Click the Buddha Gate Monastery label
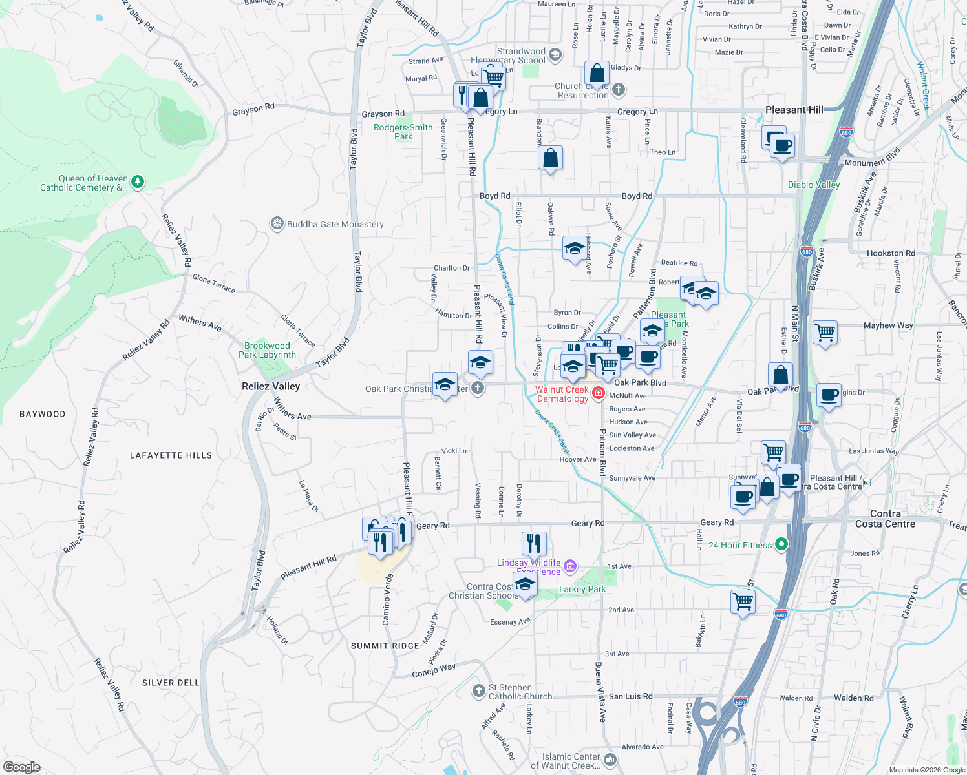click(x=335, y=224)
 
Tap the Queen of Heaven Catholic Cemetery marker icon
click(x=138, y=183)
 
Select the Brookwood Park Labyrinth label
click(x=267, y=350)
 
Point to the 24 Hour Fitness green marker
click(x=781, y=544)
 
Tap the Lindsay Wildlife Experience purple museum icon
click(x=569, y=566)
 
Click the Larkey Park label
click(x=582, y=589)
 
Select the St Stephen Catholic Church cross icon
click(x=478, y=692)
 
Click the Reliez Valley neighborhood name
click(x=271, y=386)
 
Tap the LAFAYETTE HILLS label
click(x=171, y=455)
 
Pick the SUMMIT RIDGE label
click(x=385, y=646)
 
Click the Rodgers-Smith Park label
click(x=403, y=132)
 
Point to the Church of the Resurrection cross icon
click(x=619, y=89)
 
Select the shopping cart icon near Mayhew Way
click(x=825, y=333)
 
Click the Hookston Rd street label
click(x=891, y=253)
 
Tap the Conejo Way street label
click(x=434, y=671)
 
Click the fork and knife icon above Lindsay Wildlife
click(x=533, y=544)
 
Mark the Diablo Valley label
click(x=814, y=185)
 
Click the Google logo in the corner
click(x=22, y=767)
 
